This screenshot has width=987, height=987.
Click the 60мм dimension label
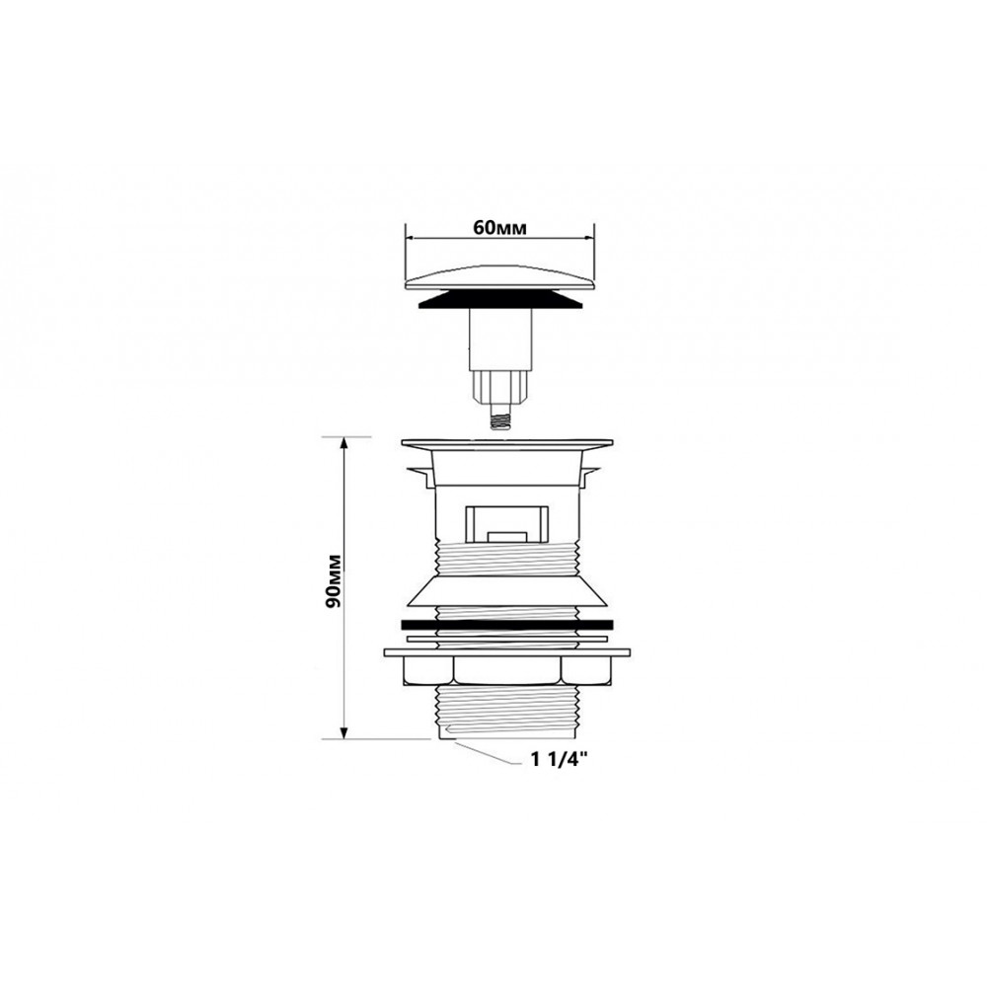tap(499, 227)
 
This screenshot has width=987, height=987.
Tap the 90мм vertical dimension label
tap(334, 580)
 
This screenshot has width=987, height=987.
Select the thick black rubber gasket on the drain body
tap(506, 624)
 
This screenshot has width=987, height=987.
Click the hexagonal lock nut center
tap(506, 671)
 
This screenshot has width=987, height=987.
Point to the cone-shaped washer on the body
tap(506, 591)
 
